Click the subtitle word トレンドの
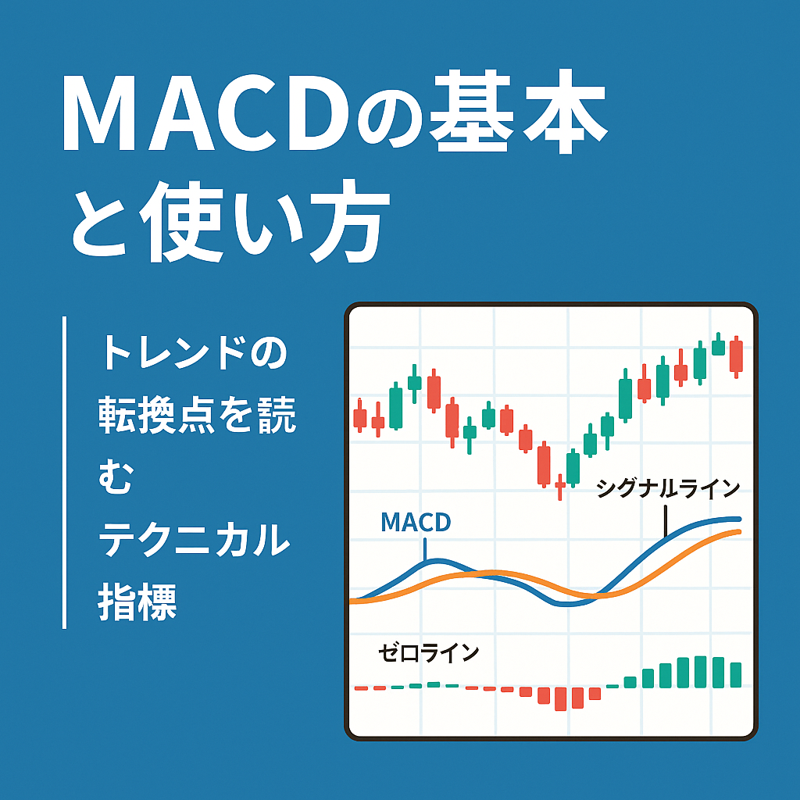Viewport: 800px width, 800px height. (x=195, y=353)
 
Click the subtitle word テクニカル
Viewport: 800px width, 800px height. (x=194, y=539)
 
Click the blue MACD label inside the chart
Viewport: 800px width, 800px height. (x=416, y=522)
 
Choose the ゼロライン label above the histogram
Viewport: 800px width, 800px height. (x=429, y=653)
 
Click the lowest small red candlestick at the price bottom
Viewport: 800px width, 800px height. (x=559, y=487)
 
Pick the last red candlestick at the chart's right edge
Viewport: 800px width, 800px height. (x=736, y=356)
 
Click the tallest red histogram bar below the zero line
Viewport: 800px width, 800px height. (x=560, y=698)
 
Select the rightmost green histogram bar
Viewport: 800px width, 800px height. (x=736, y=674)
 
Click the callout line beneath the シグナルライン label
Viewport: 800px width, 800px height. (x=666, y=521)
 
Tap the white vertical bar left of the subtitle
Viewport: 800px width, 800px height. (x=64, y=473)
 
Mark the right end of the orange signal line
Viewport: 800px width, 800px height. (x=740, y=531)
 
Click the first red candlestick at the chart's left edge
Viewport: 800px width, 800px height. (x=359, y=416)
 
